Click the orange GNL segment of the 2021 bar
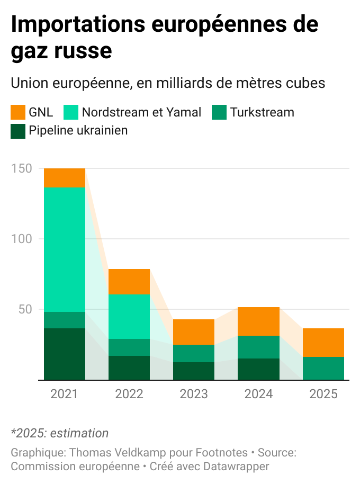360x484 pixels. [x=65, y=178]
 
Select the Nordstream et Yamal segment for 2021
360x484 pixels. [x=65, y=249]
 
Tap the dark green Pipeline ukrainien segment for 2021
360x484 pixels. [x=65, y=354]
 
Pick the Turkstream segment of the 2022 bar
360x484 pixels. [x=129, y=347]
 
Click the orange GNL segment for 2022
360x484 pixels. [x=129, y=282]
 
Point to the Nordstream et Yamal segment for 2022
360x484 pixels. [x=129, y=317]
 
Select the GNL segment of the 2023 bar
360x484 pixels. [x=194, y=332]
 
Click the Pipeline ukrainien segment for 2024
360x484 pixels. [x=258, y=369]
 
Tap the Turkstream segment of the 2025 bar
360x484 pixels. [x=323, y=368]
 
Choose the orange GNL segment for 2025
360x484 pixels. [x=323, y=343]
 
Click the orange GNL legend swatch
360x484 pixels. [x=18, y=112]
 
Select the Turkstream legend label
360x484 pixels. [x=262, y=112]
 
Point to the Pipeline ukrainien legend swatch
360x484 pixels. [x=18, y=131]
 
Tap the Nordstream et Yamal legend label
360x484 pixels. [x=141, y=112]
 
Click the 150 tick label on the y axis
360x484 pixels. [x=21, y=168]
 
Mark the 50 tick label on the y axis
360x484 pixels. [x=25, y=309]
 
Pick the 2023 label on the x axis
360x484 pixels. [x=194, y=395]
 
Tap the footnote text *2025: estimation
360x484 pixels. [x=59, y=433]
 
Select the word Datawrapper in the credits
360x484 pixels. [x=236, y=467]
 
